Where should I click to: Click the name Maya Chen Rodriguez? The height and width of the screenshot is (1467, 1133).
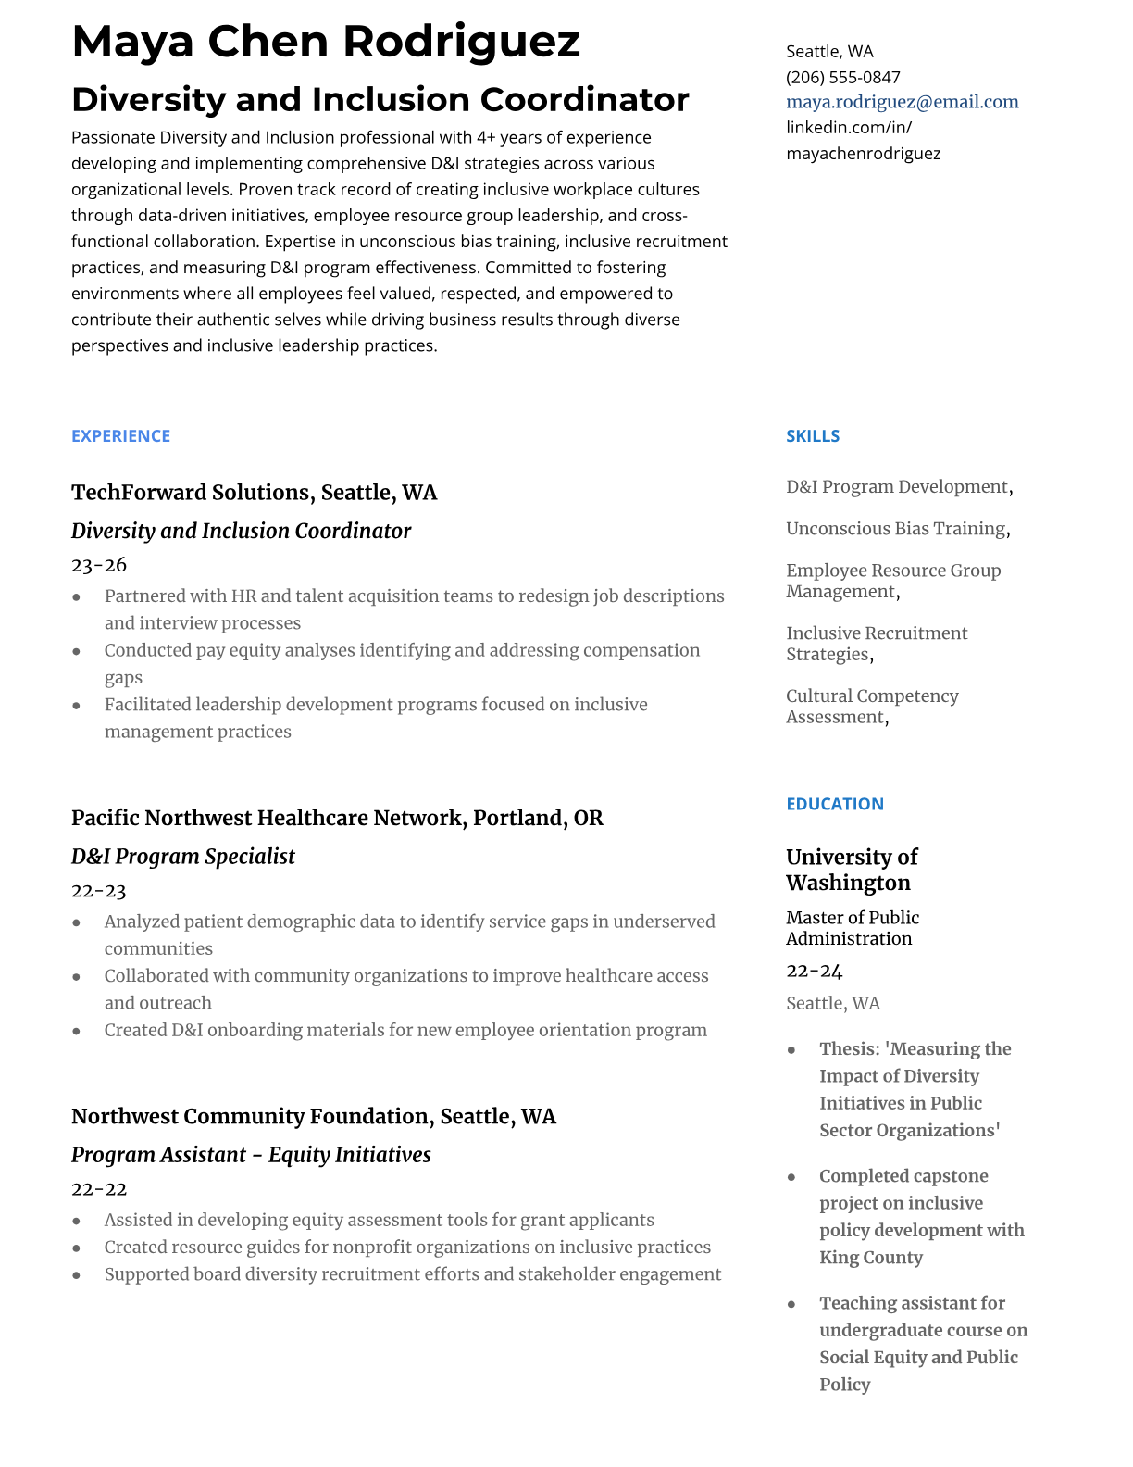326,43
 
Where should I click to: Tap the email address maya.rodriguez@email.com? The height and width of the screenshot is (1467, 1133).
902,102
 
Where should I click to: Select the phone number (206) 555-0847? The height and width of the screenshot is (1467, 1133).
842,77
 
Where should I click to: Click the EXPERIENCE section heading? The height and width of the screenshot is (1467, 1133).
120,436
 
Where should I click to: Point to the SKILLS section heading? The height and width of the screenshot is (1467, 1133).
812,436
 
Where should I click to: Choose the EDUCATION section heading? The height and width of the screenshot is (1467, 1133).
834,804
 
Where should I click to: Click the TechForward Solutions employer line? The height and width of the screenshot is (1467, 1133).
254,493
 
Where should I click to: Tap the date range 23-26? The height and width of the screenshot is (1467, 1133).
98,565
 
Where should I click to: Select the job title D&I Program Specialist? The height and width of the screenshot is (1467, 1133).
182,857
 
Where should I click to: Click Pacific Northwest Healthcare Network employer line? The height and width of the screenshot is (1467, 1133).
337,819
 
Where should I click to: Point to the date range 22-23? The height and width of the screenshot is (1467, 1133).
98,891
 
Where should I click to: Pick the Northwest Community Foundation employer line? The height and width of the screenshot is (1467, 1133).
313,1117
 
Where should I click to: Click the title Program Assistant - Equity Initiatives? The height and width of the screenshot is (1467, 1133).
251,1155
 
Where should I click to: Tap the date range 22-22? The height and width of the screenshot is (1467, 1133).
98,1189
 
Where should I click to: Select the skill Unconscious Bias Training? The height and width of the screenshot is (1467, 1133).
895,529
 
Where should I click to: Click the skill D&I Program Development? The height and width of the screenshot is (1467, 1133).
896,487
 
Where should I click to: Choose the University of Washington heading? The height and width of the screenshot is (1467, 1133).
852,870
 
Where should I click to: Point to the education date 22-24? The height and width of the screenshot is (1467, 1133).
814,971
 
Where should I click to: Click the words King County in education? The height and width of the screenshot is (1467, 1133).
870,1258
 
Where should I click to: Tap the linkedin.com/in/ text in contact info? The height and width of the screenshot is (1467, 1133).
848,127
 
